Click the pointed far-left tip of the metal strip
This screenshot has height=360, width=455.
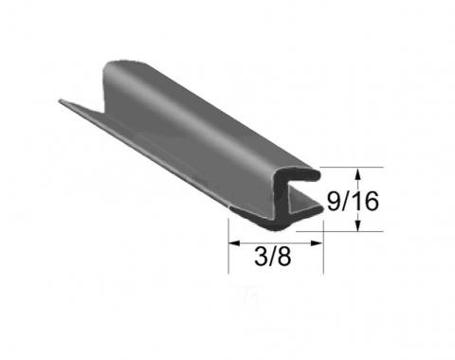click(61, 100)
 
